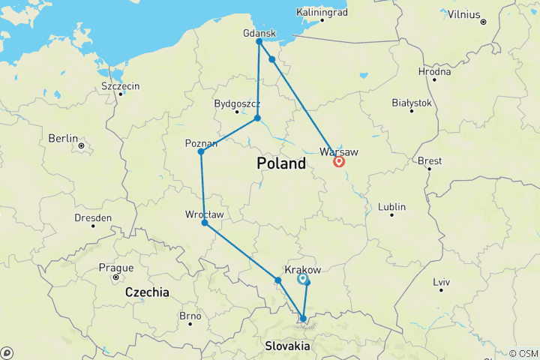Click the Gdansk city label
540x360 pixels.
(259, 33)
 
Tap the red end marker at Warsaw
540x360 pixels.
(339, 161)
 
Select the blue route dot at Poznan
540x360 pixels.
(201, 152)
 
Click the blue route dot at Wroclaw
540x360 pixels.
(205, 223)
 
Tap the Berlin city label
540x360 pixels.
(64, 138)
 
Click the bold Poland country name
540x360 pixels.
(281, 163)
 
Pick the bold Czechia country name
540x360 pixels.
(147, 292)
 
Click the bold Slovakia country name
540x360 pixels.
(288, 346)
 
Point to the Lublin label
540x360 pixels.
(391, 206)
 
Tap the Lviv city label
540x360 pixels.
(441, 282)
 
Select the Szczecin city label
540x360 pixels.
(120, 86)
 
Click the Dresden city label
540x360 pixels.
(94, 217)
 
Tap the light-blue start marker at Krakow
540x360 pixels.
(302, 279)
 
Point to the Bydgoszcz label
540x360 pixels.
(237, 103)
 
